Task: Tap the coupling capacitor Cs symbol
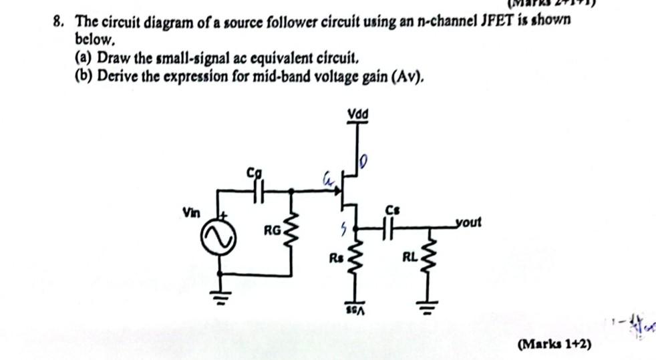(391, 228)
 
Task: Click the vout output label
(467, 221)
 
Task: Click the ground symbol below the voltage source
(221, 295)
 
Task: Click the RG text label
(271, 231)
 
